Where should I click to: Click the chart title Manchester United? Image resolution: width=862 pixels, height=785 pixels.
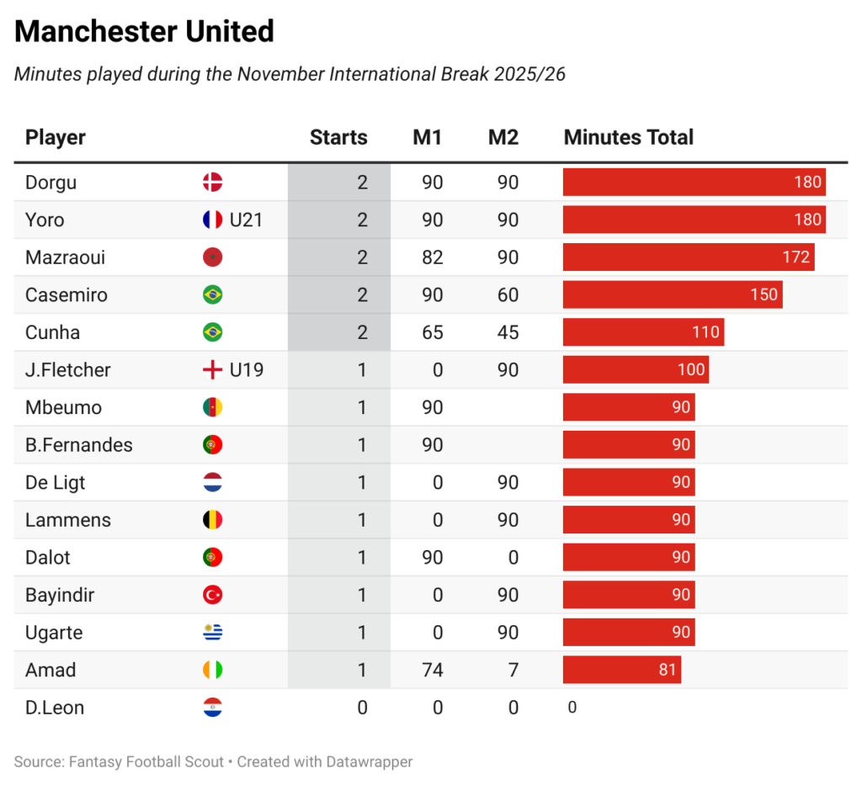144,32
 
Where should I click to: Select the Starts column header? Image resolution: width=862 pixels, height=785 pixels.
338,138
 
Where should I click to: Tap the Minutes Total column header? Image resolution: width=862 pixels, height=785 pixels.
628,138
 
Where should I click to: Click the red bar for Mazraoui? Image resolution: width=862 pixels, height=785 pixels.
688,257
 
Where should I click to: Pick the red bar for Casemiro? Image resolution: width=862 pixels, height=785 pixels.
672,295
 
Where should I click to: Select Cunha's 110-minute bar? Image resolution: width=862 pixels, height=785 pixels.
643,332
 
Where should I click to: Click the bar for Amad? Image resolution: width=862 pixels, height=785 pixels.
621,671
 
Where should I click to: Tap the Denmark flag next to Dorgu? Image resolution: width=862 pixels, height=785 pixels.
212,183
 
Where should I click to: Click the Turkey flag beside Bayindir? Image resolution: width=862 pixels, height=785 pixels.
212,596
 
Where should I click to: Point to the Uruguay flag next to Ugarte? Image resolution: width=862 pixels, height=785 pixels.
212,633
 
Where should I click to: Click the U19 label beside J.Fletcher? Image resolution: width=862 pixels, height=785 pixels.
247,370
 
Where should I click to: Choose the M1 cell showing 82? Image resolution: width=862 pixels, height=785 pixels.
432,257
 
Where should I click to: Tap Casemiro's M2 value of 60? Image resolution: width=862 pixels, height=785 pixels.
508,295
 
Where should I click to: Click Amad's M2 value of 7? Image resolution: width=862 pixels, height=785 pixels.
513,671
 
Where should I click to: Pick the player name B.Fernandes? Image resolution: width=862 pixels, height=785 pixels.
79,445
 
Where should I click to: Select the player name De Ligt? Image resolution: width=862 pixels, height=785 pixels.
56,483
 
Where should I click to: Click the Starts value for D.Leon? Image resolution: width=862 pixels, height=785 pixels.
362,708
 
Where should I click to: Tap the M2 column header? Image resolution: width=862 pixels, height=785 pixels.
503,138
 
